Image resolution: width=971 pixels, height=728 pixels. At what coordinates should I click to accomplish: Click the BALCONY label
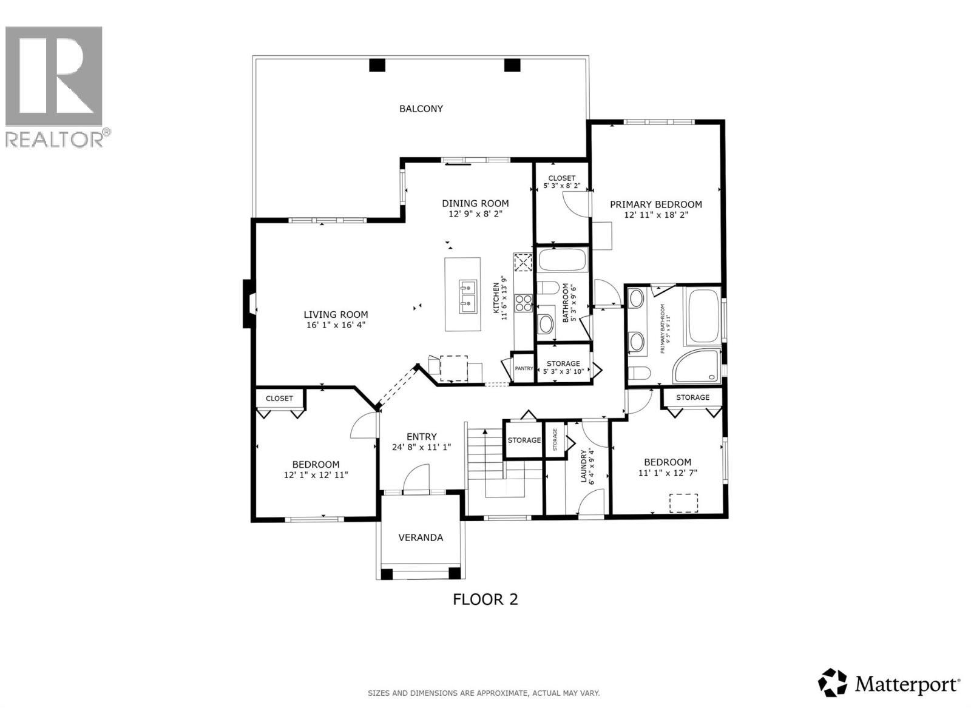[x=421, y=109]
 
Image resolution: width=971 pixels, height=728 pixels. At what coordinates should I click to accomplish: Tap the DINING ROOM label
[x=475, y=204]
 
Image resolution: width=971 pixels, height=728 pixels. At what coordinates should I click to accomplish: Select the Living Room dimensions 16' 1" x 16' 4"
[x=336, y=325]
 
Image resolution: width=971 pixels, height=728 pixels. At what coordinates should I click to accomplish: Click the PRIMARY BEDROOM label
[x=655, y=204]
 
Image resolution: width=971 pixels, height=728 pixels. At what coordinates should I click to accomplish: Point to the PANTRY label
[x=523, y=368]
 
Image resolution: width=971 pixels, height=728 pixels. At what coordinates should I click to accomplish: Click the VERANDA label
[x=420, y=538]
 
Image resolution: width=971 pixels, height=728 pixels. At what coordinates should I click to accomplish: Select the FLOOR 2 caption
[x=485, y=599]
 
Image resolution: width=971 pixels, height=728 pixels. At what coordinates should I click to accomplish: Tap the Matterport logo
[x=889, y=684]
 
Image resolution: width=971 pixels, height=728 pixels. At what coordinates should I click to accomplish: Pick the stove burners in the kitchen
[x=523, y=302]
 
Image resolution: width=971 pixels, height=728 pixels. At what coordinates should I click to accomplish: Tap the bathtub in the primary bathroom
[x=703, y=315]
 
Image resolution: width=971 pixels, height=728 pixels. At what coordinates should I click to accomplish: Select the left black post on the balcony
[x=377, y=64]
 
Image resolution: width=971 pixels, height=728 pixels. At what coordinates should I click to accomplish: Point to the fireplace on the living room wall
[x=249, y=304]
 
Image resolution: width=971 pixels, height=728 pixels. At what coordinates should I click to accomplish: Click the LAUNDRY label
[x=584, y=466]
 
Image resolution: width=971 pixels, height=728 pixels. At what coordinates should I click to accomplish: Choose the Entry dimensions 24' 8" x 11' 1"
[x=421, y=447]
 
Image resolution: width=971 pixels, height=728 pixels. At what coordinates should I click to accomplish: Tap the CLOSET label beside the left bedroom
[x=279, y=399]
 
